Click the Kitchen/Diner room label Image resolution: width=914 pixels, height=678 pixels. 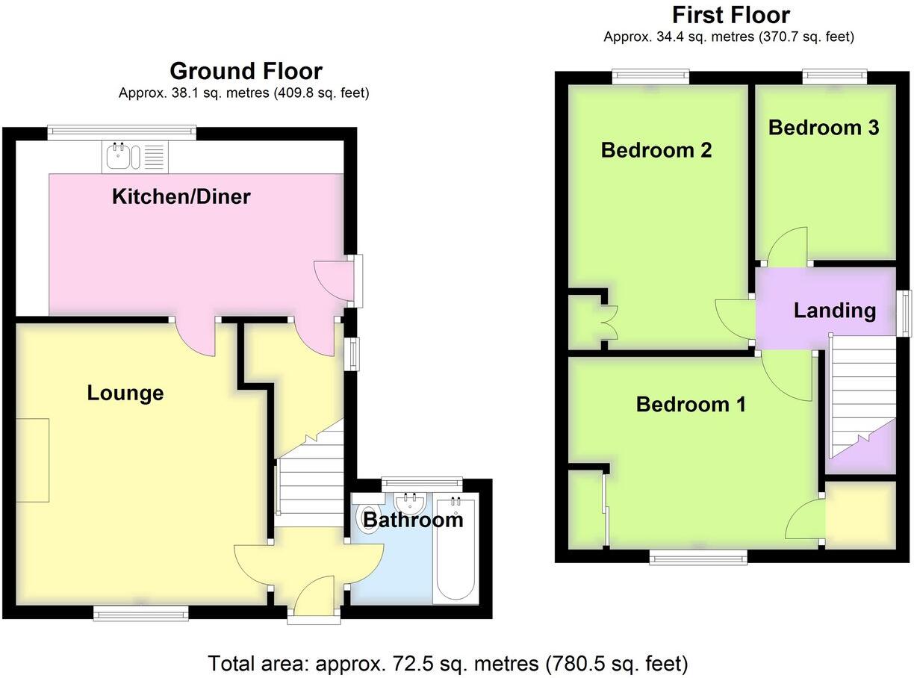(x=181, y=197)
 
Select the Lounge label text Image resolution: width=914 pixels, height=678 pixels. (x=125, y=393)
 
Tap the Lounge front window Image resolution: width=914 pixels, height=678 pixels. (x=141, y=613)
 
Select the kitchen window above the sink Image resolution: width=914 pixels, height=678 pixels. (x=122, y=132)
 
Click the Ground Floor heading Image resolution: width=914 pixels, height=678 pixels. (x=246, y=71)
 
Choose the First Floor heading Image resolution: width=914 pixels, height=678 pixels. (x=730, y=15)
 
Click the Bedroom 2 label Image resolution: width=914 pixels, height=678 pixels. (x=656, y=150)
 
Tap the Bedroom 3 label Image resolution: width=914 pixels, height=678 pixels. (x=824, y=128)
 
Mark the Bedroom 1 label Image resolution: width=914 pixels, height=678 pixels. (x=691, y=405)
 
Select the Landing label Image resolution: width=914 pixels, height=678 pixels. (x=834, y=311)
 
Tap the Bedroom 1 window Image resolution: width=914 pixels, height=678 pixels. (x=697, y=556)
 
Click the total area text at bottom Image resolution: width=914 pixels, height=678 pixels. (x=447, y=662)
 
